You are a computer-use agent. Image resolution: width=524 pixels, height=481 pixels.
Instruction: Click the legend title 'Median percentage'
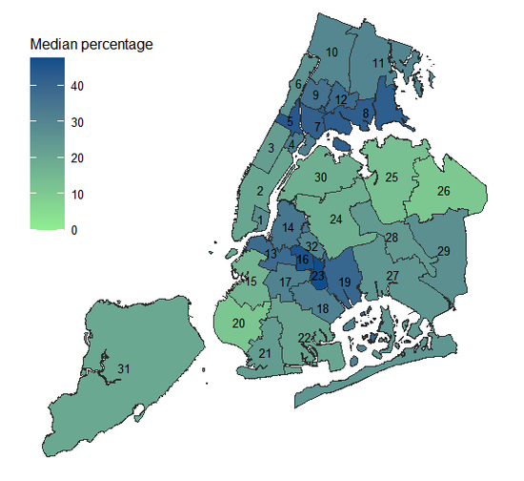coord(91,44)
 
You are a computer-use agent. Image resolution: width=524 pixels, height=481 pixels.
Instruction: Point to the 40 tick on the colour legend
coord(77,86)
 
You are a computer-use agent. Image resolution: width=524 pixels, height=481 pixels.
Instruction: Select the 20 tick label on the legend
coord(77,158)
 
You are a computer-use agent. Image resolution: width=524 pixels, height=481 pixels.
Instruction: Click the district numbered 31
coord(124,368)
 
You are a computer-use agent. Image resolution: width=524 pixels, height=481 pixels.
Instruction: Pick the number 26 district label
coord(443,191)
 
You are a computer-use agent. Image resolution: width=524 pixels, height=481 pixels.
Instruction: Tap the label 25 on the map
coord(392,177)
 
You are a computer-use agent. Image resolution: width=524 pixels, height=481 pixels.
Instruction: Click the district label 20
coord(239,324)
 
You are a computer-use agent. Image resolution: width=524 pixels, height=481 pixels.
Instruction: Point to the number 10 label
coord(333,52)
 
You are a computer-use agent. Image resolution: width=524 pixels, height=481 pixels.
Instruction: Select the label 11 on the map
coord(378,63)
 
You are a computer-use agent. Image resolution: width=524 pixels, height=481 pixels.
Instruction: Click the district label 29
coord(443,250)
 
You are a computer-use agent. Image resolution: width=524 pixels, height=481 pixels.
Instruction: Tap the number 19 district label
coord(345,282)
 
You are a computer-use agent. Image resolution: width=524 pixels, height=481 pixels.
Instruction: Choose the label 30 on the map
coord(321,178)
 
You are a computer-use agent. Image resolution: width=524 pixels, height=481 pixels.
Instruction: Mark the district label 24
coord(336,220)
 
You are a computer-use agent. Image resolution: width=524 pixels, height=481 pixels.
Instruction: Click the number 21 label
coord(265,354)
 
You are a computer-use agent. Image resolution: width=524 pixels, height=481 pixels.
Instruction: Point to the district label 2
coord(260,190)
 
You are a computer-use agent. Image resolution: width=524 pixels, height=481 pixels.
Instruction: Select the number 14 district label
coord(288,227)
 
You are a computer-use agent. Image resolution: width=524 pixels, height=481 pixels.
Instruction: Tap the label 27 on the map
coord(393,275)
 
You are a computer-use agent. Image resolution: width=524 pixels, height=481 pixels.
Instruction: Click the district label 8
coord(366,115)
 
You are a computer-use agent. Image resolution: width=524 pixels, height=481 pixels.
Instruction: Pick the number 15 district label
coord(251,281)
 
